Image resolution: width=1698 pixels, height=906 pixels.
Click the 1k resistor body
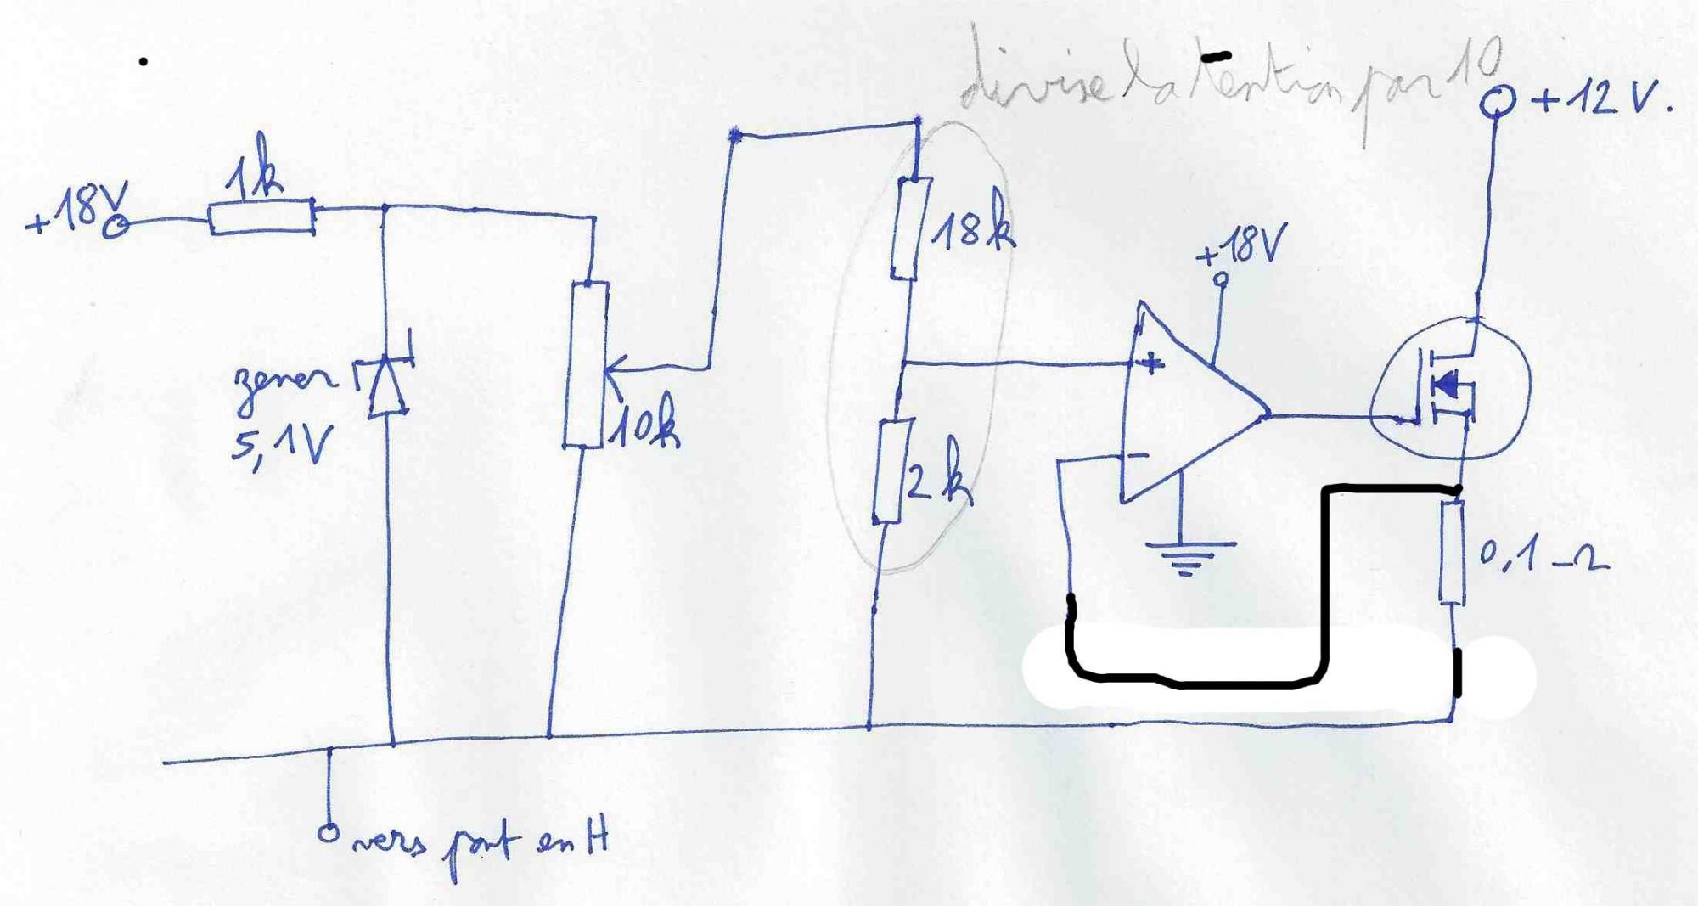pyautogui.click(x=261, y=217)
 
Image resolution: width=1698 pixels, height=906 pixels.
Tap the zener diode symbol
pyautogui.click(x=387, y=386)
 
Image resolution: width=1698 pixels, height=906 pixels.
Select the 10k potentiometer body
pyautogui.click(x=587, y=365)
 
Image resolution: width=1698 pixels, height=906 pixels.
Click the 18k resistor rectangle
pyautogui.click(x=910, y=228)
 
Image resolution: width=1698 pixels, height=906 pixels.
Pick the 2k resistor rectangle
pyautogui.click(x=889, y=472)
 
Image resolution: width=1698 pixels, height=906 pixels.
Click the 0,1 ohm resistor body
pyautogui.click(x=1452, y=552)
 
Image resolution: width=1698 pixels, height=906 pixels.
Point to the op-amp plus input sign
pyautogui.click(x=1151, y=364)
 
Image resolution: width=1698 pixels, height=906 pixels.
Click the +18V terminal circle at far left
pyautogui.click(x=116, y=226)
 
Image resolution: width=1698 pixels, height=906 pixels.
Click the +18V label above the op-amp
pyautogui.click(x=1242, y=246)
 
